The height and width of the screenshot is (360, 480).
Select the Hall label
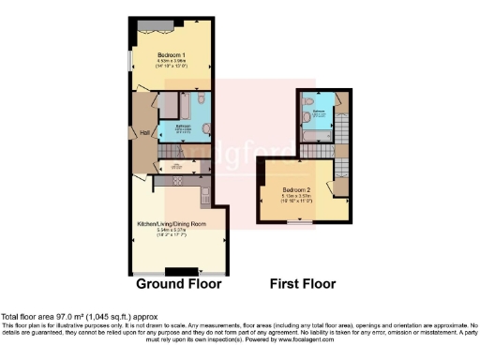145,132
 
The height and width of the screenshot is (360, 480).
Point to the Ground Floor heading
178,284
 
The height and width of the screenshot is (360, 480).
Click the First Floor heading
303,284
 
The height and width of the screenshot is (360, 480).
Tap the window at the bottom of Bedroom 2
301,223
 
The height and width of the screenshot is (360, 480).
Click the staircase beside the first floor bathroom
343,127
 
